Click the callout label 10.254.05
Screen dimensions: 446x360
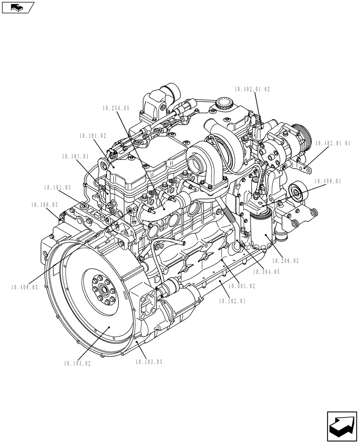(115, 108)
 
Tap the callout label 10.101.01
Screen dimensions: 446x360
(75, 157)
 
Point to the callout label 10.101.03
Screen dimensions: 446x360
(57, 188)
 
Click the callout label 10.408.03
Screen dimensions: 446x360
(24, 287)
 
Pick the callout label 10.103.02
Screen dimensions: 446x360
(77, 363)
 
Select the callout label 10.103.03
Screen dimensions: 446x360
(149, 362)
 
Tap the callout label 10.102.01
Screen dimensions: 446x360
(232, 301)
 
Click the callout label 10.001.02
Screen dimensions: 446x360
(241, 286)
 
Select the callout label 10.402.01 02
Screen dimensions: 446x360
(253, 89)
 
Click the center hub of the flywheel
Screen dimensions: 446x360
(103, 293)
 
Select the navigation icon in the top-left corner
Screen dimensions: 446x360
(17, 8)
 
